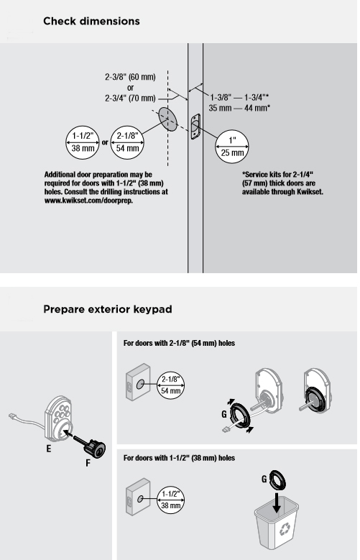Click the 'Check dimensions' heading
[91, 22]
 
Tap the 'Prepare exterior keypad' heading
[108, 309]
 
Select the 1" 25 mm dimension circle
[232, 147]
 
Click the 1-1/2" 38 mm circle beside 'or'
[83, 142]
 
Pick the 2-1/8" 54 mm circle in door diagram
[127, 142]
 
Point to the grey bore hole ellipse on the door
[167, 119]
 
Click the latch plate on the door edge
[195, 127]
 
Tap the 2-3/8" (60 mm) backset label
[130, 77]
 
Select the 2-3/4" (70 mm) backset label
[130, 98]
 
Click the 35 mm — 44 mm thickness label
[239, 108]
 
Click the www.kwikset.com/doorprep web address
[88, 201]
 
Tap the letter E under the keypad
[49, 449]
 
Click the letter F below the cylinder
[88, 463]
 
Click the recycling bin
[277, 522]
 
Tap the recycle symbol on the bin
[285, 529]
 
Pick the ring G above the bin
[278, 479]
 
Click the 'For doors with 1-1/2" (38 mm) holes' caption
[179, 458]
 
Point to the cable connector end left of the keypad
[12, 416]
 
